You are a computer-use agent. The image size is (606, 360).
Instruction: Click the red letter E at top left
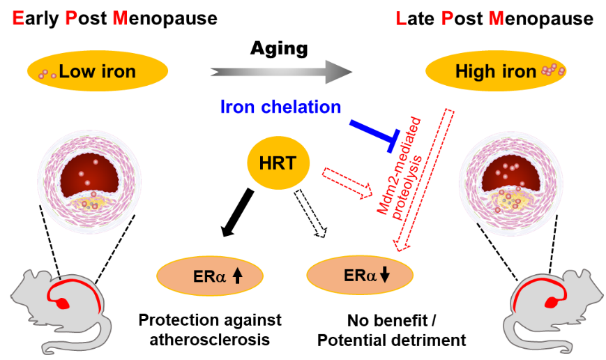click(x=18, y=19)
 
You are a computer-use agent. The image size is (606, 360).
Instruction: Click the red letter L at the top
click(x=400, y=19)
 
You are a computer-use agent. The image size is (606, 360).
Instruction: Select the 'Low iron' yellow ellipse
click(x=98, y=71)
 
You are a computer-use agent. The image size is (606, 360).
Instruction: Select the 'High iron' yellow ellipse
click(x=496, y=71)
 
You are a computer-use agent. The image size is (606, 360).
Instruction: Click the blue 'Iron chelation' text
click(x=281, y=107)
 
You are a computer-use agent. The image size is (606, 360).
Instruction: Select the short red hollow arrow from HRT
click(x=347, y=183)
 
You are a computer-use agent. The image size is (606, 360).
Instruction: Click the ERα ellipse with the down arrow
click(x=360, y=275)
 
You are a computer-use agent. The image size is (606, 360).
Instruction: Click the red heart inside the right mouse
click(x=552, y=303)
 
